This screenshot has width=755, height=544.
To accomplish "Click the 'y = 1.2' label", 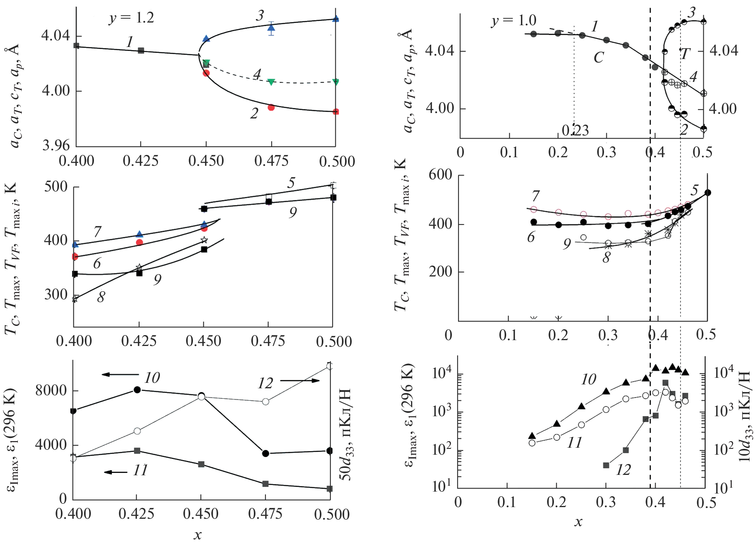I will tap(131, 18).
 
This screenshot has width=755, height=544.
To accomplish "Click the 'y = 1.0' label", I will tap(514, 20).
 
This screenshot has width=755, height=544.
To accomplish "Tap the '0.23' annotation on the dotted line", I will tap(575, 130).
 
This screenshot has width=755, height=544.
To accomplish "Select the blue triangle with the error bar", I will tap(271, 28).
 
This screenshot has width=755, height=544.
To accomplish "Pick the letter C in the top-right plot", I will tap(599, 58).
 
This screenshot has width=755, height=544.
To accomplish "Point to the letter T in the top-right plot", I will tap(685, 54).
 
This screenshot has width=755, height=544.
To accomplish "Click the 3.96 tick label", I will tap(56, 146).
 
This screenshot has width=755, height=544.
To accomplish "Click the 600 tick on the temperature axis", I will tap(440, 175).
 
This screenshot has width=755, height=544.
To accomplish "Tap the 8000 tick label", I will tap(51, 390).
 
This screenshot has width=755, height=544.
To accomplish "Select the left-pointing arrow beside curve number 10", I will tap(120, 375).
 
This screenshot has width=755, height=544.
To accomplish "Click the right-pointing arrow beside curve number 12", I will tap(300, 381).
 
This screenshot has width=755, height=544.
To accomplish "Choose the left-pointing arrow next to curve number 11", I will tap(116, 472).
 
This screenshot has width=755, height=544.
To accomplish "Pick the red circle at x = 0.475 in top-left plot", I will tap(271, 108).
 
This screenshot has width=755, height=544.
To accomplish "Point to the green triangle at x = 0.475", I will tap(271, 82).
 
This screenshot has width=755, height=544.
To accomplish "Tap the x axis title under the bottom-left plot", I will tap(198, 535).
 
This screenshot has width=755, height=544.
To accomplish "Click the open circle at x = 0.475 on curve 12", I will tap(266, 401).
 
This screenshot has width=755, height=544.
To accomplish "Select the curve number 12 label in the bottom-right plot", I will tap(623, 470).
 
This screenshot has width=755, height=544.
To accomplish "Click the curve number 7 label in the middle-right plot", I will tap(536, 196).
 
